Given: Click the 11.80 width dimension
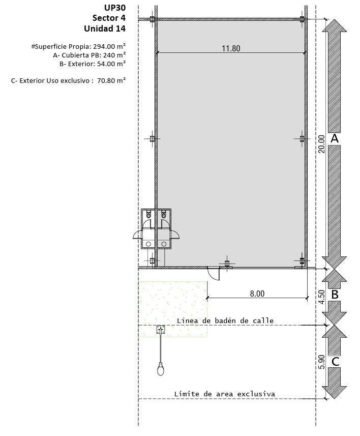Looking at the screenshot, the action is pyautogui.click(x=231, y=48).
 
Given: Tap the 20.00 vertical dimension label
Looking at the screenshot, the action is pyautogui.click(x=321, y=144).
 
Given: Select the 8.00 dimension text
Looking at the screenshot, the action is pyautogui.click(x=257, y=294).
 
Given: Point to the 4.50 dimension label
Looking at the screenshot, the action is pyautogui.click(x=321, y=297).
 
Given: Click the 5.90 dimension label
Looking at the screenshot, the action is pyautogui.click(x=321, y=362).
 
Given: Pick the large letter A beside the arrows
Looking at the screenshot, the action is pyautogui.click(x=335, y=138).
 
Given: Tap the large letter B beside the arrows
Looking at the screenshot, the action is pyautogui.click(x=335, y=295).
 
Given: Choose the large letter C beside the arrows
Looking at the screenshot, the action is pyautogui.click(x=335, y=362).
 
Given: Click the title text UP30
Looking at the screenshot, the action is pyautogui.click(x=115, y=8).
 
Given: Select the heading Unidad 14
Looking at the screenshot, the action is pyautogui.click(x=105, y=28).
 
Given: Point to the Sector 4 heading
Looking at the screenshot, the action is pyautogui.click(x=109, y=18).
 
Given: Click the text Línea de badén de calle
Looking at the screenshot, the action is pyautogui.click(x=225, y=321).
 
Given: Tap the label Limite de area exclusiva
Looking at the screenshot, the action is pyautogui.click(x=225, y=394).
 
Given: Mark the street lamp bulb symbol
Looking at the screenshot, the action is pyautogui.click(x=160, y=370).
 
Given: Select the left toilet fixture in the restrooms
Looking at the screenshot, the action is pyautogui.click(x=148, y=214).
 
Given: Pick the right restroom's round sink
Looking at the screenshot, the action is pyautogui.click(x=164, y=244).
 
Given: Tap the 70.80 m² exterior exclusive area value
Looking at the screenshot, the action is pyautogui.click(x=111, y=81).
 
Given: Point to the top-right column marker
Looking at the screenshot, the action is pyautogui.click(x=302, y=19).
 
